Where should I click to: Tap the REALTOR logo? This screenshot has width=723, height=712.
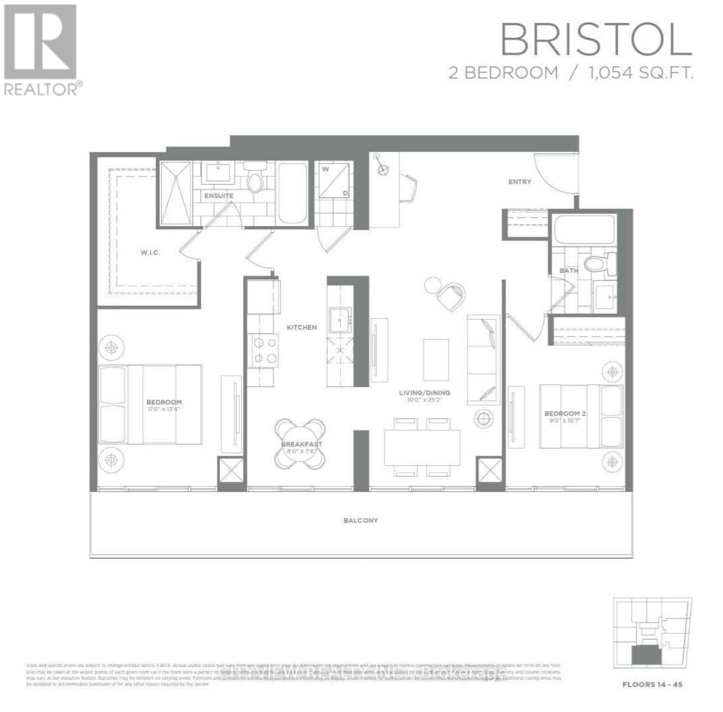coord(41,49)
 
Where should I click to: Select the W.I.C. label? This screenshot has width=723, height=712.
coord(149,252)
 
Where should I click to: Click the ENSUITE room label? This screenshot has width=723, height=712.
coord(218,196)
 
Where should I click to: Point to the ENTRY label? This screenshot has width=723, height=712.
coord(519,182)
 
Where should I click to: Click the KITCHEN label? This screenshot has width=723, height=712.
coord(302,327)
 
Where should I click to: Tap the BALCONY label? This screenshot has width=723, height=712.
coord(360,520)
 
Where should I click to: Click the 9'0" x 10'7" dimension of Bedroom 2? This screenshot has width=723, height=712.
coord(565,421)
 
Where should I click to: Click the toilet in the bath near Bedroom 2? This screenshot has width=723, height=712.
coord(597,264)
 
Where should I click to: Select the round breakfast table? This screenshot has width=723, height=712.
coord(300,444)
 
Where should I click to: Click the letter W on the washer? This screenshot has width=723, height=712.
coord(326,169)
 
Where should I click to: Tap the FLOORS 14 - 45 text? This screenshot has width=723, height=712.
coord(653,685)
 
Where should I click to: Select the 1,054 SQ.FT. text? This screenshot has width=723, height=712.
coord(640,73)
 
